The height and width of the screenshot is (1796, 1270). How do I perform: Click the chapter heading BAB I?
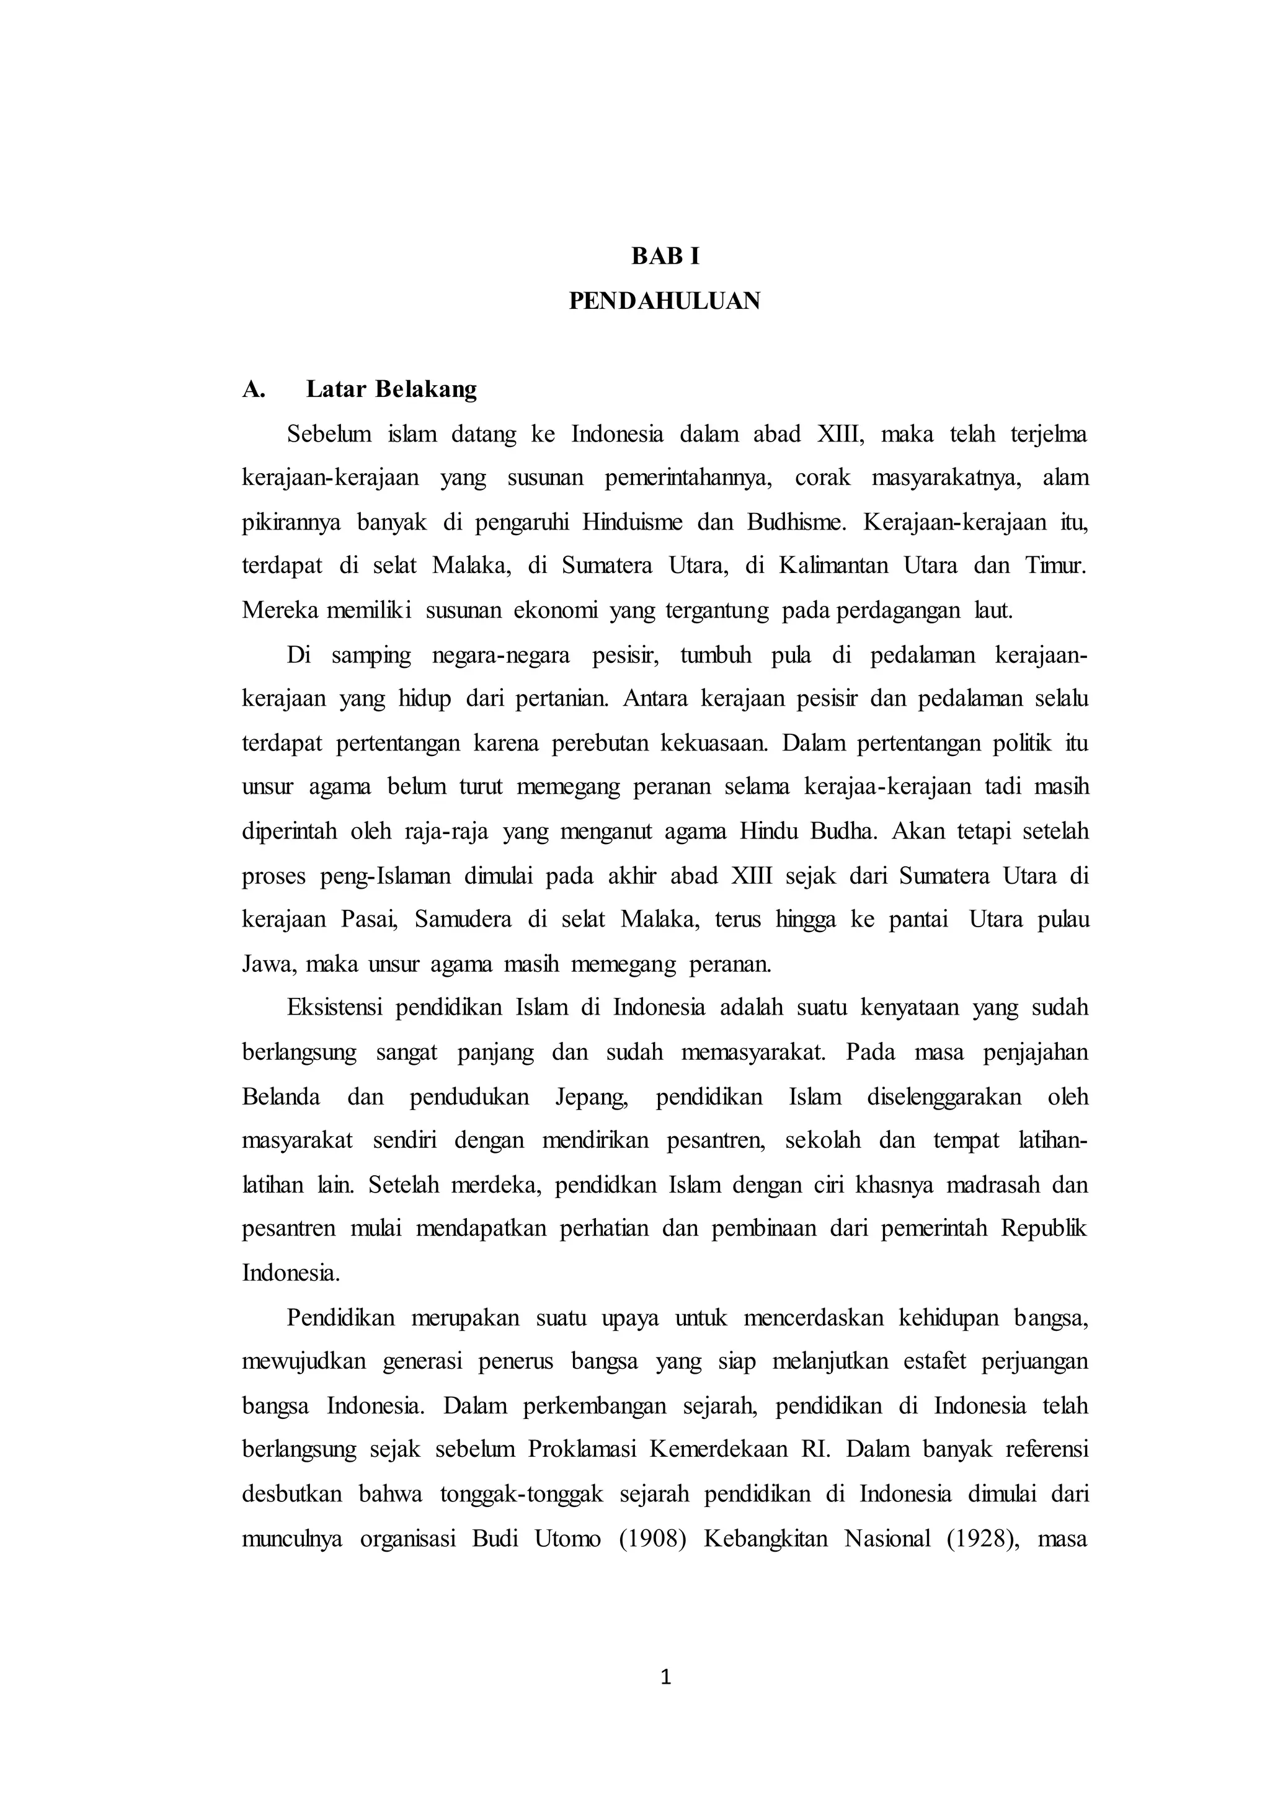(665, 257)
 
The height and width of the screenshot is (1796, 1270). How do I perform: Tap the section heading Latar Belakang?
(391, 389)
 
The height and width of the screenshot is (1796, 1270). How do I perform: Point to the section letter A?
(254, 389)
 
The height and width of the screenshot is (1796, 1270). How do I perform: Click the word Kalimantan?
(833, 566)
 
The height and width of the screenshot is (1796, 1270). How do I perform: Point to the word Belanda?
(281, 1096)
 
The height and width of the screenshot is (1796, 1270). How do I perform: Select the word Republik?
(1044, 1229)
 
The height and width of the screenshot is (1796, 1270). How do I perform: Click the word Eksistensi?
(334, 1008)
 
